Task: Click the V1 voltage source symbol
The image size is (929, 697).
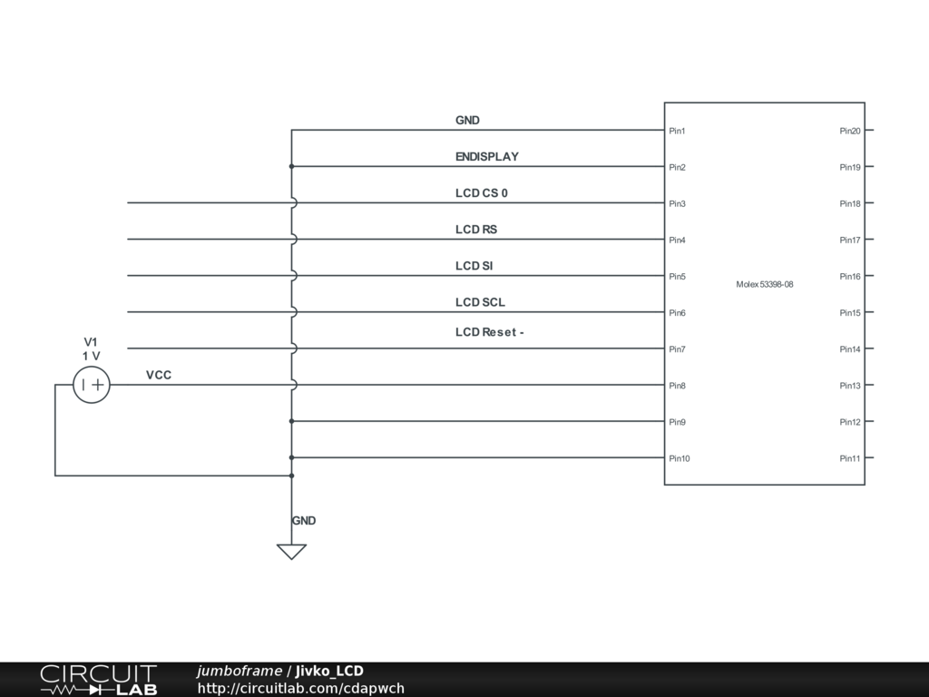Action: click(92, 385)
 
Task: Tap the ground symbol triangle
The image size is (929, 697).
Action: click(291, 551)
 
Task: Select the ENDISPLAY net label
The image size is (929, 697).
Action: click(487, 157)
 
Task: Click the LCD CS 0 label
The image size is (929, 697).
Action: click(482, 193)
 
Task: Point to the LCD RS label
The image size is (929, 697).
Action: click(476, 230)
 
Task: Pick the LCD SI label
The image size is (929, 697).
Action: click(474, 266)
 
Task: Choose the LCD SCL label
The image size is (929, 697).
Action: click(480, 302)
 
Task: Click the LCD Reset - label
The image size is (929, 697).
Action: click(490, 332)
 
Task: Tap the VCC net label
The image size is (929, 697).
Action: click(159, 375)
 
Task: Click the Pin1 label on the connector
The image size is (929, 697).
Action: click(677, 132)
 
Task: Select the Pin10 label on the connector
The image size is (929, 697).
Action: click(680, 458)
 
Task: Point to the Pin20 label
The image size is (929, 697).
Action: click(850, 132)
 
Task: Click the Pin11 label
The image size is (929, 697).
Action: click(850, 458)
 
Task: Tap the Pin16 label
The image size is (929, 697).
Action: click(850, 277)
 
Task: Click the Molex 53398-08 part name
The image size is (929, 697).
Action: click(765, 284)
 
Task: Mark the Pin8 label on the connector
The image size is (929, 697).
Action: click(677, 386)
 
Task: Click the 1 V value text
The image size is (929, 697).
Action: click(91, 356)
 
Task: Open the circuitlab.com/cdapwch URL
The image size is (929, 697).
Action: click(300, 688)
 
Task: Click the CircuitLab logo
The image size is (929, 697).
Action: click(98, 680)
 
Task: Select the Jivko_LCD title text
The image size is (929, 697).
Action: click(329, 671)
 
